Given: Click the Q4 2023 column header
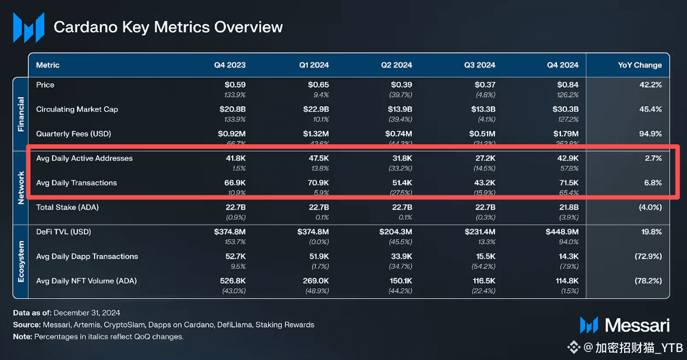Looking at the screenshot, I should pos(229,65).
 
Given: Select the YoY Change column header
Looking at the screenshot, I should pos(639,65).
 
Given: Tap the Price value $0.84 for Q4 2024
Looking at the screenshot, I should pos(568,85).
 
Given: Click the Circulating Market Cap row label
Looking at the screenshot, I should pos(77,109).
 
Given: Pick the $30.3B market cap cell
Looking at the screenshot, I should pos(566,109).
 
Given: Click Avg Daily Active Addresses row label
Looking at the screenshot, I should pos(84,158).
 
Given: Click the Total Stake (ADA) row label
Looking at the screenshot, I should pos(67,207).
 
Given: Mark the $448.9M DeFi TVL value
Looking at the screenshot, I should pos(562,232).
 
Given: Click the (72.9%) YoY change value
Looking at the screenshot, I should pos(648,256).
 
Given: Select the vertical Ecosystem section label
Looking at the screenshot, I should pos(21,261).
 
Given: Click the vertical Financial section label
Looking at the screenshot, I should pos(21,115).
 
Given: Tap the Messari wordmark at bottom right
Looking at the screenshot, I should pos(637,325).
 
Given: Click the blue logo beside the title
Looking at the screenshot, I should pos(28,27).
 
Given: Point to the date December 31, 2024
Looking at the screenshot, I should pos(87,313).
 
